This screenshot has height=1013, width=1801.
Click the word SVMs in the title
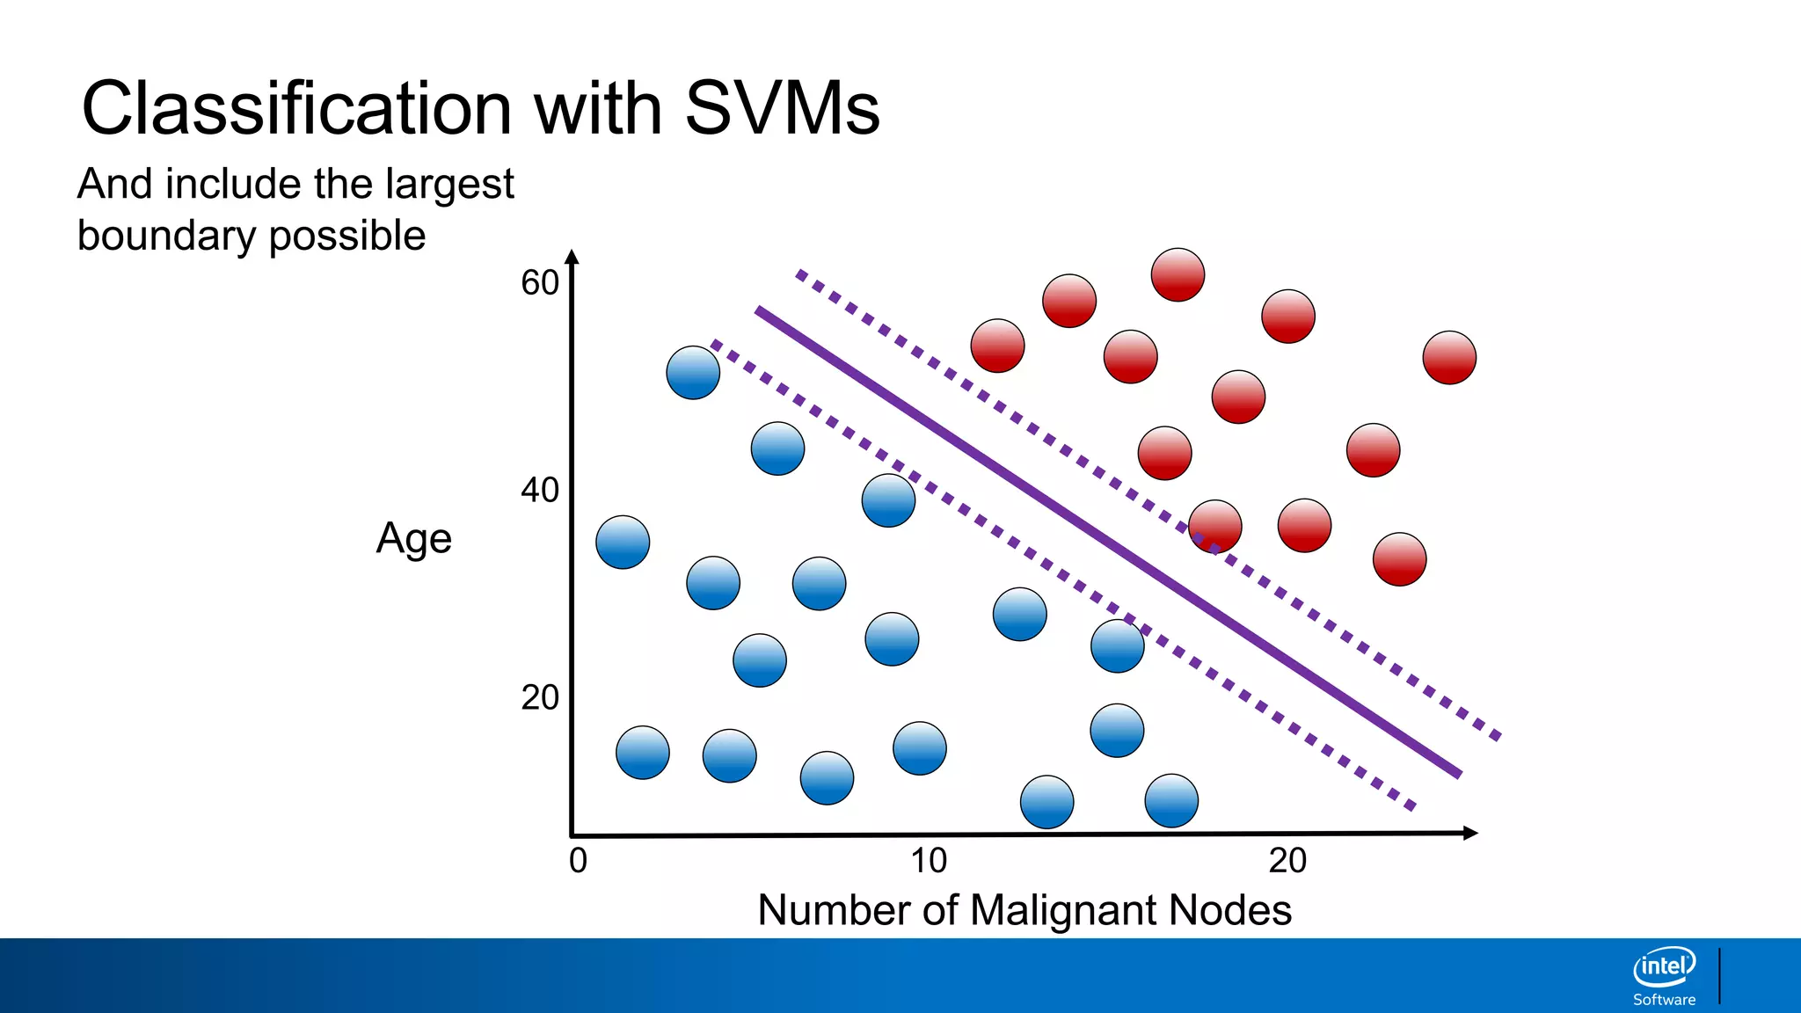tap(782, 108)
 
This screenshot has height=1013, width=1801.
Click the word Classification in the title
tap(296, 108)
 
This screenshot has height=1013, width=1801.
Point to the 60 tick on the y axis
tap(540, 283)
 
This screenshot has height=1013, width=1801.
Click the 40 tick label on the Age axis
tap(540, 491)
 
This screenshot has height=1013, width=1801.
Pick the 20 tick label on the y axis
tap(540, 698)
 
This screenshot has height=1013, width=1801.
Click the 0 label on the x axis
tap(578, 860)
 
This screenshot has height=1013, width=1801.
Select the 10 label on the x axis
tap(929, 860)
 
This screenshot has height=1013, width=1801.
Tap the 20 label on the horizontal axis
tap(1287, 860)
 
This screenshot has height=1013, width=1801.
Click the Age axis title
tap(413, 538)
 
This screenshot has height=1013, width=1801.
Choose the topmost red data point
tap(1178, 274)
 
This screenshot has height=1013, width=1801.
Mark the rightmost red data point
tap(1449, 358)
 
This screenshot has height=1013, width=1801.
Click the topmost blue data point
tap(693, 373)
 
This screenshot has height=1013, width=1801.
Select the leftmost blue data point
tap(623, 542)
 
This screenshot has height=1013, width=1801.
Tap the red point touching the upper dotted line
tap(1215, 527)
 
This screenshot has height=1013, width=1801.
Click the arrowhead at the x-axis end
tap(1469, 833)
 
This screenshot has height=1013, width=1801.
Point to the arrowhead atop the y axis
tap(572, 257)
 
